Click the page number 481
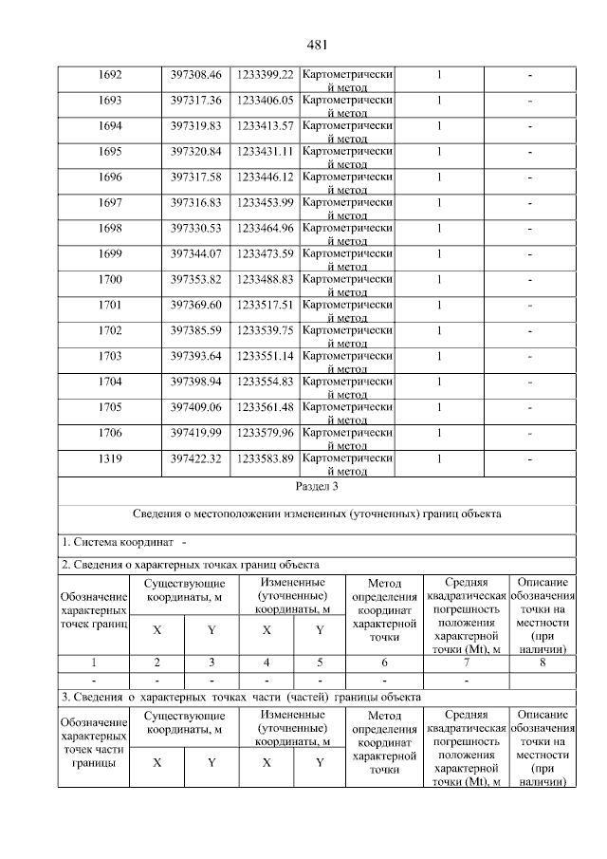pos(317,45)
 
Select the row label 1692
pos(111,74)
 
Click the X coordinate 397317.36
pos(195,100)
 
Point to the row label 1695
pos(111,151)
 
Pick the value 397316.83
pos(195,202)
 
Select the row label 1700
pos(111,279)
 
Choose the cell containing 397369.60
pos(195,305)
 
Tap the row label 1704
pos(111,382)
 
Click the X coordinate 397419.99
pos(195,433)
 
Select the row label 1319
pos(111,458)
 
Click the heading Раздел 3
pos(317,486)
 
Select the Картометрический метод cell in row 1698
pos(347,233)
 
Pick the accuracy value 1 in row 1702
pos(439,330)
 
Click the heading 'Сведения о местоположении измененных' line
pos(317,514)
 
